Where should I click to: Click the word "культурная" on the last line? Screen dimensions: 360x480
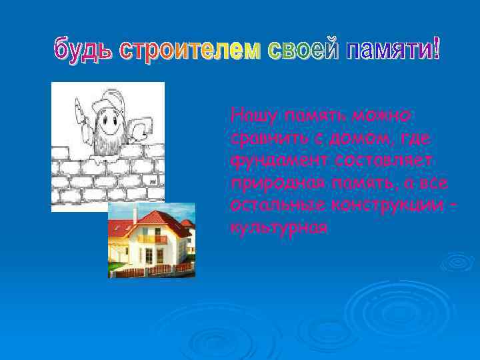coord(278,227)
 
